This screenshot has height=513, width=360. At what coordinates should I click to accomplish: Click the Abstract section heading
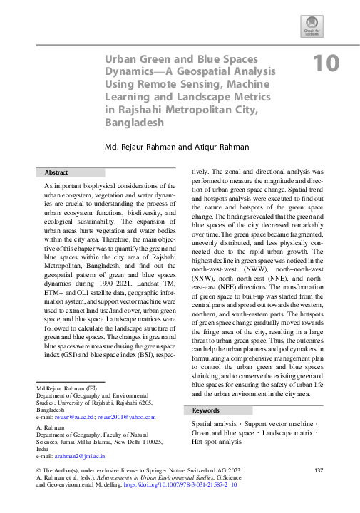point(56,172)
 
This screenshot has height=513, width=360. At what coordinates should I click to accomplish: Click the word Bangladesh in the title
point(134,122)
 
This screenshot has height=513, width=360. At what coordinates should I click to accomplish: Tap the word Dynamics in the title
point(130,71)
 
